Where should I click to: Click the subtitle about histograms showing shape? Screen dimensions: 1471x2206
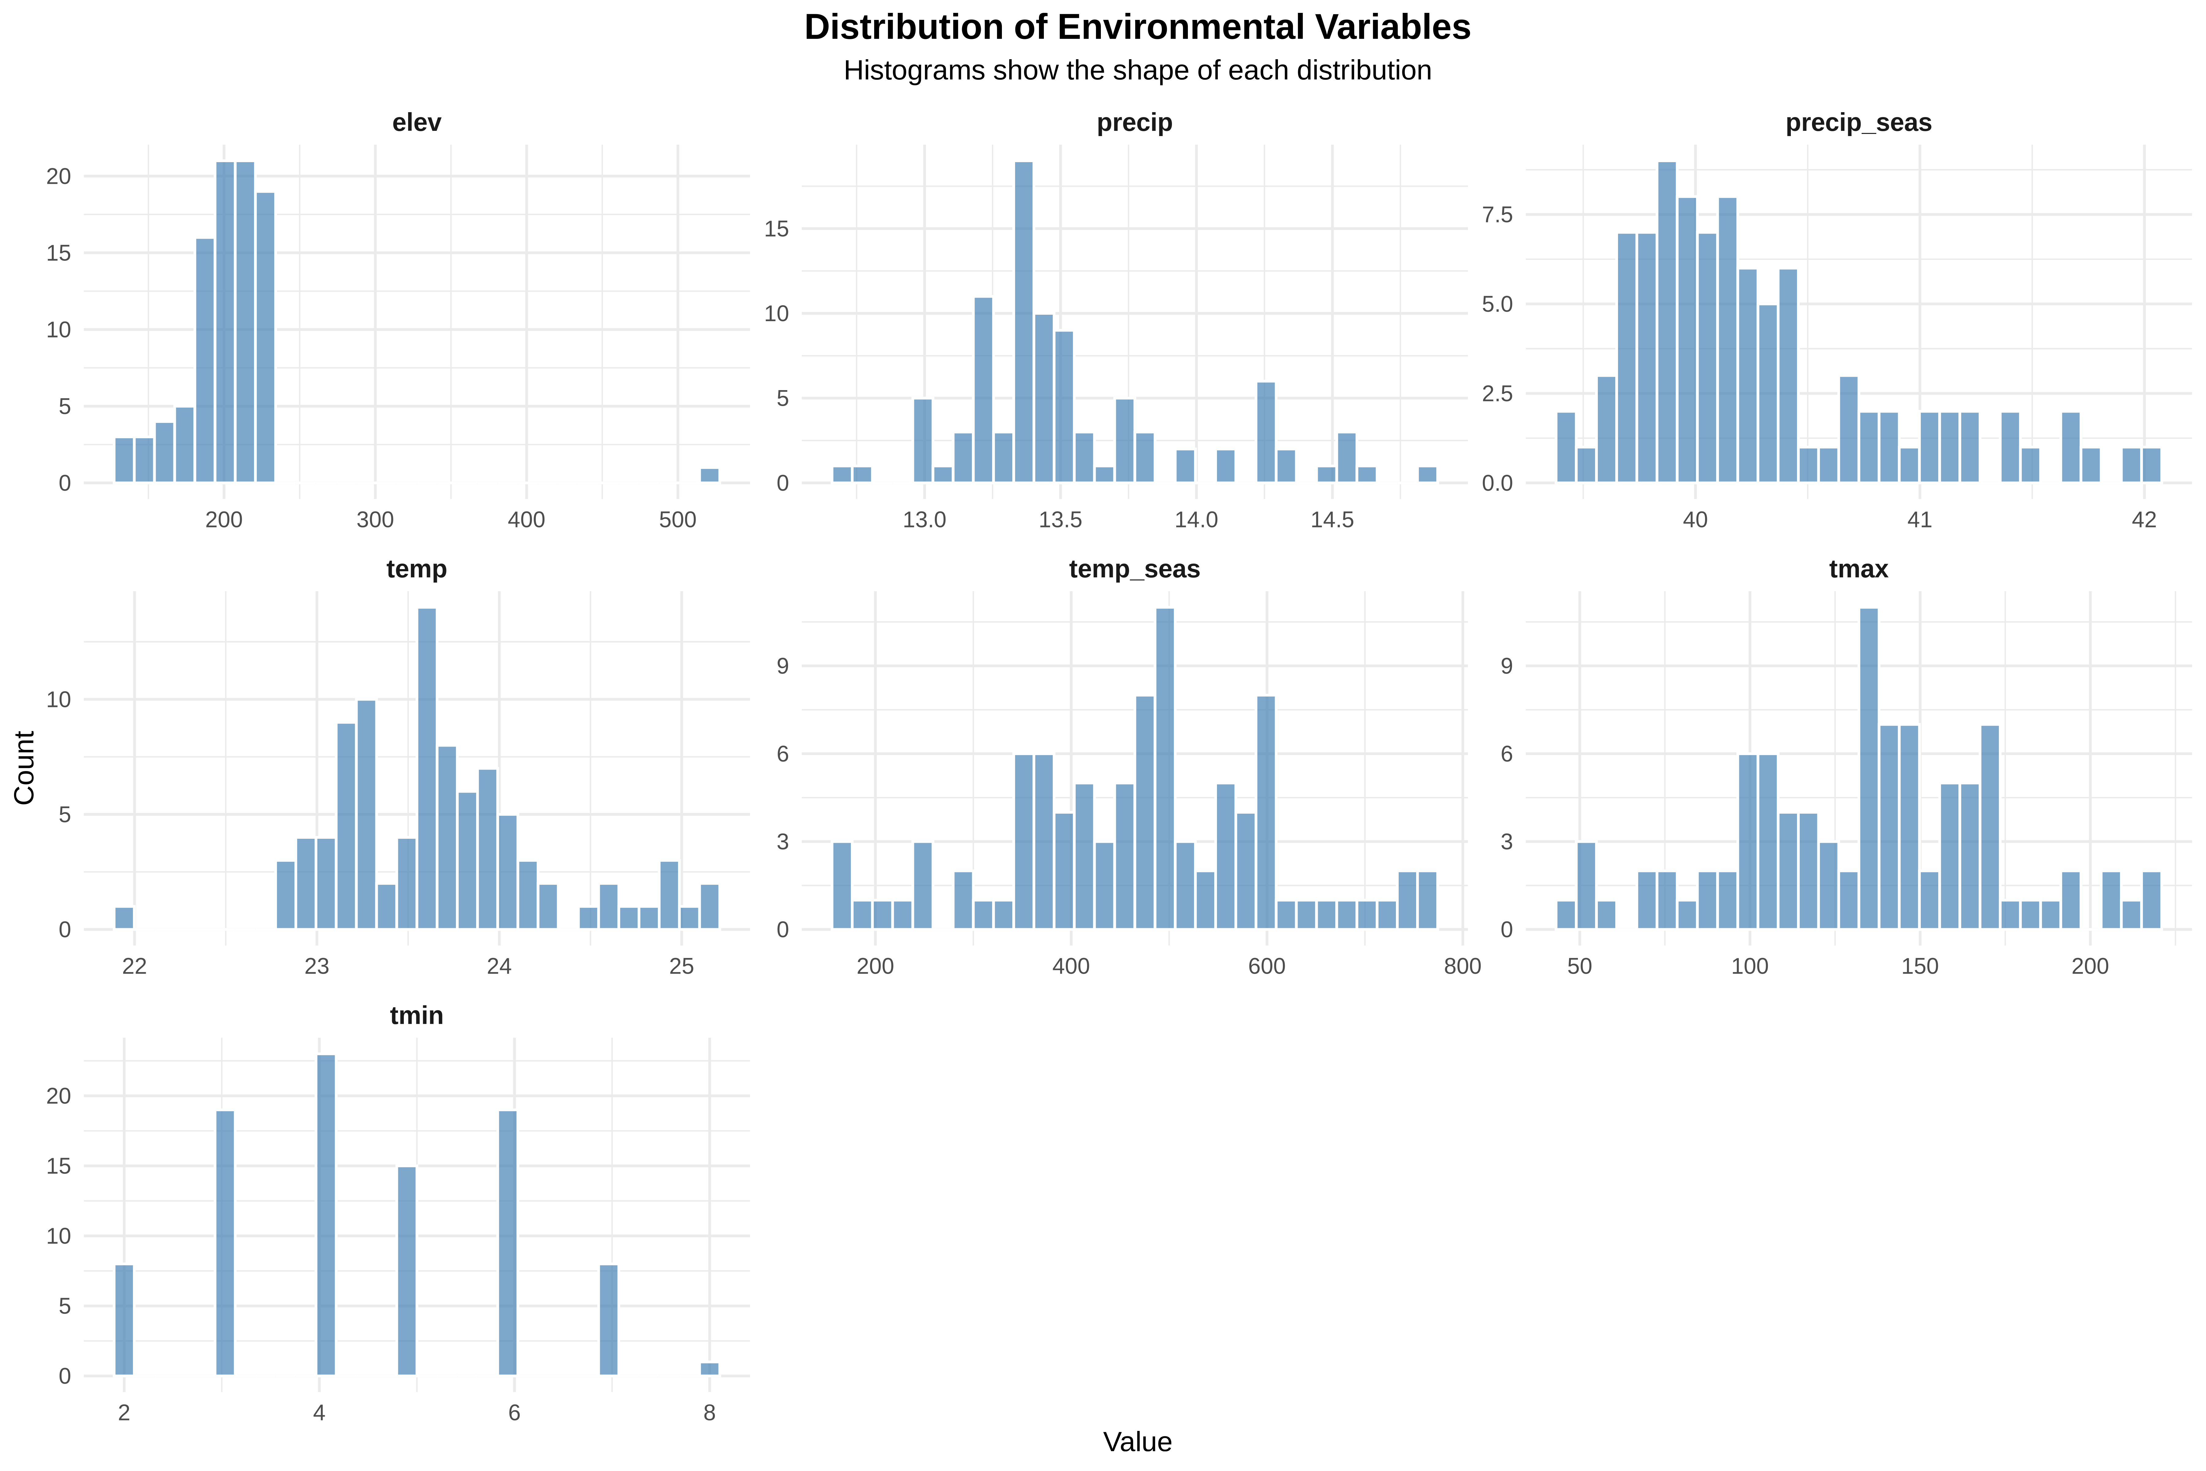1137,70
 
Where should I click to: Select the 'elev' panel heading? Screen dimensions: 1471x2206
416,123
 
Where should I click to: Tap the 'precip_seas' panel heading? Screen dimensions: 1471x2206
1858,123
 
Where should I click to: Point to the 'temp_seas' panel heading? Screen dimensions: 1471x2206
1134,569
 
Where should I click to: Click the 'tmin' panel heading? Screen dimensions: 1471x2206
416,1016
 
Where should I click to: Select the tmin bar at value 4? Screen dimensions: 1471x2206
325,1215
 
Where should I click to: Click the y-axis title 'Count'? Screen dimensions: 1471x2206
25,767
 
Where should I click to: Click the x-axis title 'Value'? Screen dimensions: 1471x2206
1137,1442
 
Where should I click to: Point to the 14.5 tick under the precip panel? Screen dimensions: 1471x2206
1332,520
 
